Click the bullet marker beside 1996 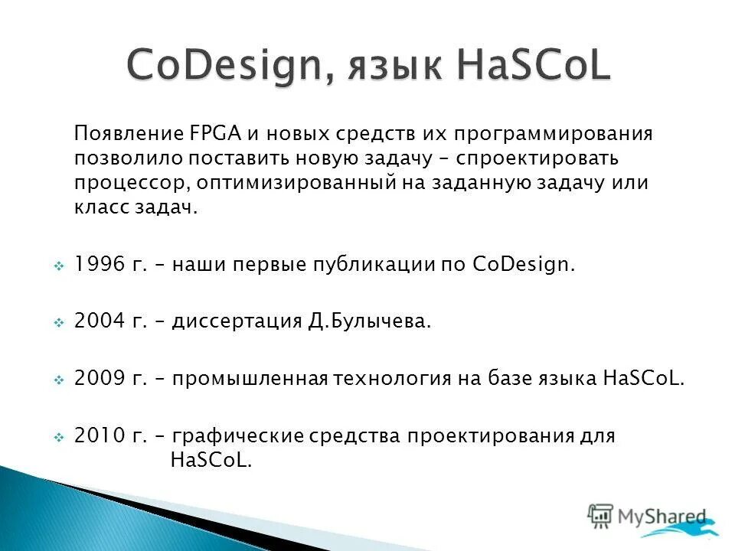(59, 266)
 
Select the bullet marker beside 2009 (59, 379)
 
